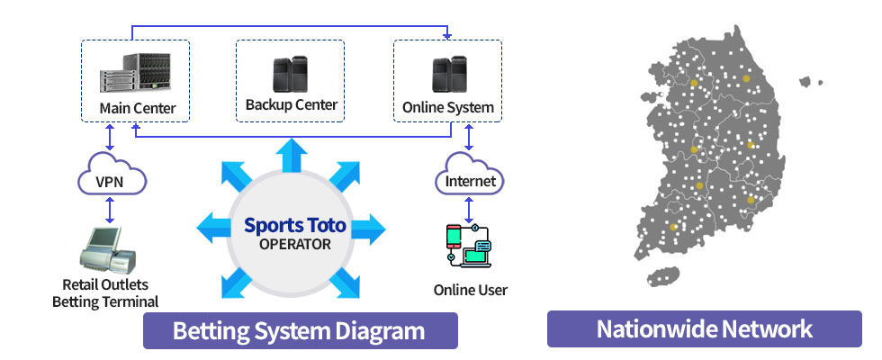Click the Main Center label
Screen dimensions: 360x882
tap(137, 110)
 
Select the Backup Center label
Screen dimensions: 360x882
tap(291, 105)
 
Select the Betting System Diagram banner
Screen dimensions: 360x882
tap(301, 329)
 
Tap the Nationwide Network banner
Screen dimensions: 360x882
tap(704, 328)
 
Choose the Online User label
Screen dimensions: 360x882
tap(470, 290)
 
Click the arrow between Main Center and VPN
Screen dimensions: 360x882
tap(110, 138)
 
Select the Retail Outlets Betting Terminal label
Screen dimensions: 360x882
tap(105, 293)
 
